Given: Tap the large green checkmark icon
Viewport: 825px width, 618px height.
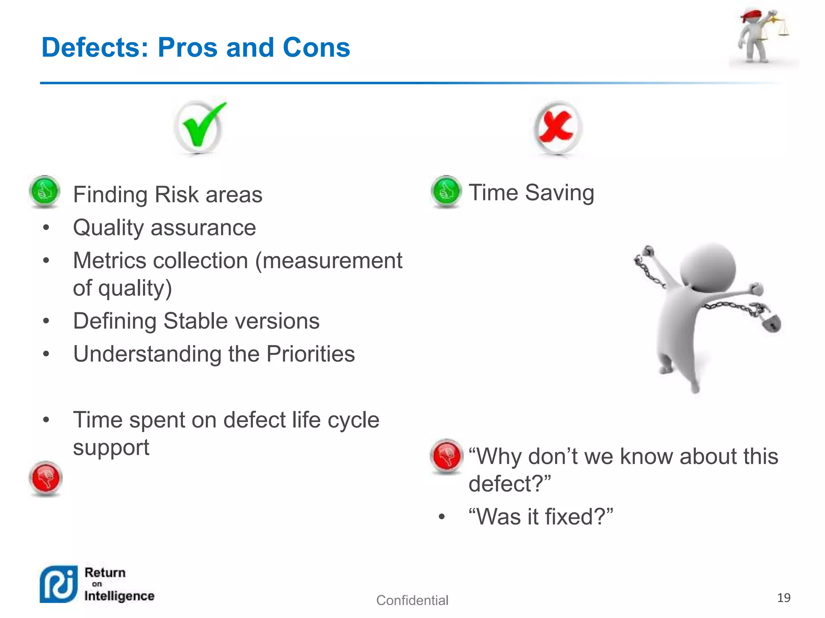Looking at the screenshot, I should coord(200,127).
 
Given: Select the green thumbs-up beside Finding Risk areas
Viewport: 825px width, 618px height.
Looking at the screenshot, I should coord(45,192).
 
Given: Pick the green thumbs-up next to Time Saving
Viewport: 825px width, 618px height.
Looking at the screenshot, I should coord(446,192).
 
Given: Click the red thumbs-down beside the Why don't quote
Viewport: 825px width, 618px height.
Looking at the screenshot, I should coord(446,456).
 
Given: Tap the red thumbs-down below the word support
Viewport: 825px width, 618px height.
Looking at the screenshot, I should coord(46,478).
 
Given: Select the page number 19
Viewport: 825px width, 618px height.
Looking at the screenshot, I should coord(784,598).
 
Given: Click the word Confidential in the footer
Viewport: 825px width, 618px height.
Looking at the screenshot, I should coord(412,600).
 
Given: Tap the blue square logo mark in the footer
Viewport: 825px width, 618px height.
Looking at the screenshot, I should coord(59,584).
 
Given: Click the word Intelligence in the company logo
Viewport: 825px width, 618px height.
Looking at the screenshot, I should coord(119,596).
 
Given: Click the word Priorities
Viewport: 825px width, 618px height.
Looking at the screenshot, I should coord(311,354).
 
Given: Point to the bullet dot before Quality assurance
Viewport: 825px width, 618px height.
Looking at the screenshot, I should coord(46,228).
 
